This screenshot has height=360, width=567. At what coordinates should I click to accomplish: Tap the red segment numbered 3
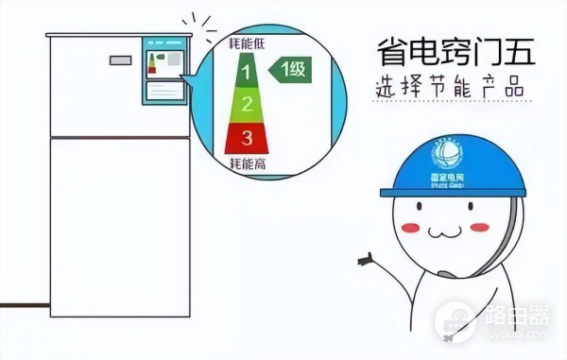tap(246, 137)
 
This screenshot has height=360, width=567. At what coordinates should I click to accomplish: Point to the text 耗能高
tap(246, 163)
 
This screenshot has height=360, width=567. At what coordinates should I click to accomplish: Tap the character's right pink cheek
tap(481, 228)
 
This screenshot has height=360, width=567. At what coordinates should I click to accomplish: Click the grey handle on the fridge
tap(120, 60)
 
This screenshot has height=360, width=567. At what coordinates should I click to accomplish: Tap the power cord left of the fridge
tap(23, 305)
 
